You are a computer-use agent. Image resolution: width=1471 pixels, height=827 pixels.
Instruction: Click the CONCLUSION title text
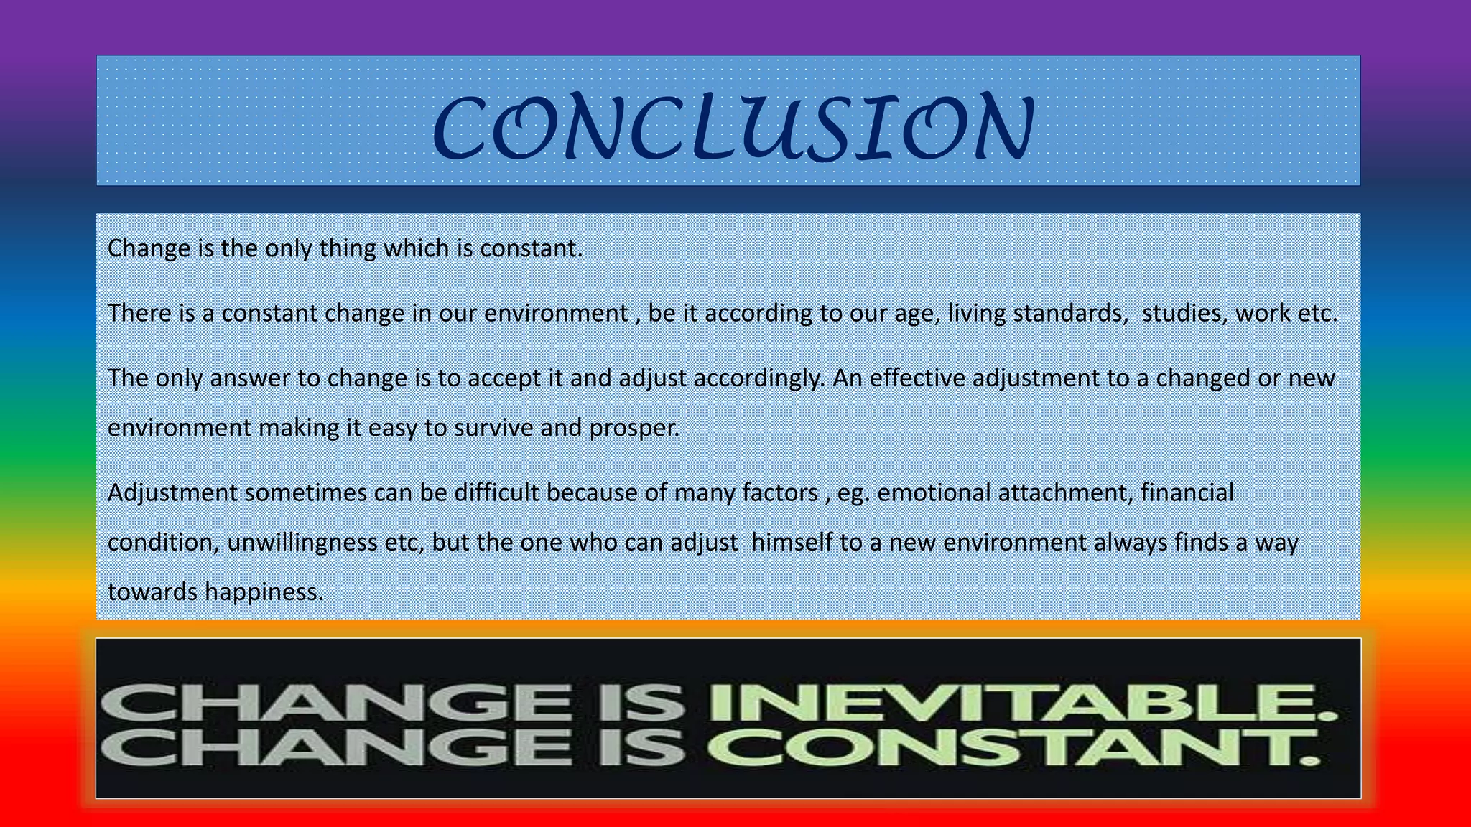tap(733, 128)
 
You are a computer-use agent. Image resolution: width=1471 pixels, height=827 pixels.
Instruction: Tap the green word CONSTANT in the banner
tap(1013, 748)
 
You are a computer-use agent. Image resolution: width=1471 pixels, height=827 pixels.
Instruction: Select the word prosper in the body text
tap(634, 428)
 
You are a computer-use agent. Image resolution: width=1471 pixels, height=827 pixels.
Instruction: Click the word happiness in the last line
tap(264, 592)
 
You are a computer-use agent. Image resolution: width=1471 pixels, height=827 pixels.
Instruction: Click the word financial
tap(1187, 492)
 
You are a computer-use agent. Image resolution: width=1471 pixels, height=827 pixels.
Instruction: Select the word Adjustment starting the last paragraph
tap(172, 492)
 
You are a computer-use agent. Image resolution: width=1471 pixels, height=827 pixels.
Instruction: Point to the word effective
tap(917, 378)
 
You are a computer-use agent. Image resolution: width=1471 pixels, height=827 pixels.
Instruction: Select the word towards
tap(152, 592)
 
